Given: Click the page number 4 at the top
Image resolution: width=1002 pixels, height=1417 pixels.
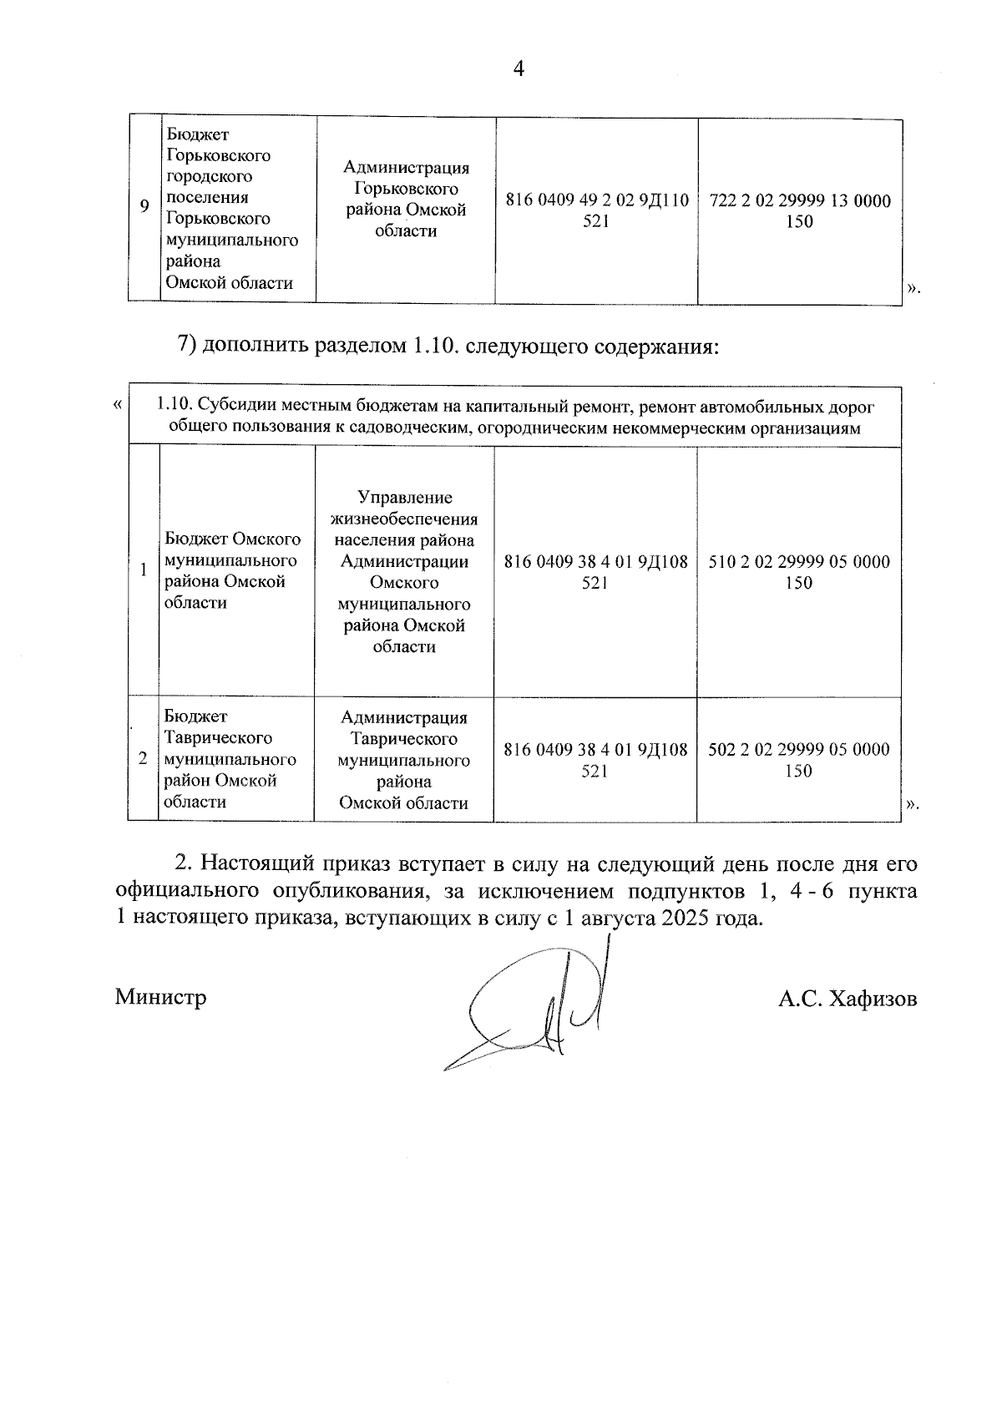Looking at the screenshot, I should point(518,69).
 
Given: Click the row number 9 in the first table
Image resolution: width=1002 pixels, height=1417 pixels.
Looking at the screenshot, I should point(144,207).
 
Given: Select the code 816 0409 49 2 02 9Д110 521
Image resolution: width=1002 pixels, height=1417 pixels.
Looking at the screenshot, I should point(596,210).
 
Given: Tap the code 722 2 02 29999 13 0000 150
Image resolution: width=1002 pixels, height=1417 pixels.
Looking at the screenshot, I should point(799,210).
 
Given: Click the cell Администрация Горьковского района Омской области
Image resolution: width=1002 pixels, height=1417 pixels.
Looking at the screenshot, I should point(406,200).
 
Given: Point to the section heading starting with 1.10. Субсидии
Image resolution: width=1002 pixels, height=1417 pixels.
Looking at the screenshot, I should point(514,418).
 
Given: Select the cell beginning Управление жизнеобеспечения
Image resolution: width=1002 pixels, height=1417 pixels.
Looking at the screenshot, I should point(405,572).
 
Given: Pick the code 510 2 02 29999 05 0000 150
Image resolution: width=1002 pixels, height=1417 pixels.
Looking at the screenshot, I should point(799,572).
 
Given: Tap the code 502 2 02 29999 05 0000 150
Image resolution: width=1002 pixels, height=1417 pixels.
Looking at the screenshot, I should point(799,760).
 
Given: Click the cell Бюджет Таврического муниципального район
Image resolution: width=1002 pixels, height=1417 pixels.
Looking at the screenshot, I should point(230,759).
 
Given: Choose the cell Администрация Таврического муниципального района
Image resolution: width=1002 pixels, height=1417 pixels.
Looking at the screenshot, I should point(404,760).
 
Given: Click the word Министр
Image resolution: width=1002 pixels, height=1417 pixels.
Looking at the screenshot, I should point(161,997).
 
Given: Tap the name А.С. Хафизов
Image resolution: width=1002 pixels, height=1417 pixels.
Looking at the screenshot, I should point(848,999).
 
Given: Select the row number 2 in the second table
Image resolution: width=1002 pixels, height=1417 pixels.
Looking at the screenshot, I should point(143,759).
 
